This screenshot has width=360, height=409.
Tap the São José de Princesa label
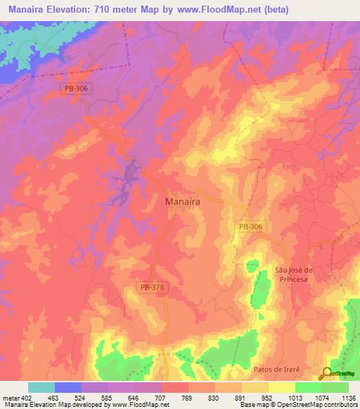[x=292, y=274]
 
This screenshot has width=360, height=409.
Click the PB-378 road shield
[x=152, y=287]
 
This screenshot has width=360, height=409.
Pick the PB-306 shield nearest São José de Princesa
[x=250, y=226]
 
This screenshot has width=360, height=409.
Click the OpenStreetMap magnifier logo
[x=327, y=373]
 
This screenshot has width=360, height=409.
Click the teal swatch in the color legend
[x=41, y=387]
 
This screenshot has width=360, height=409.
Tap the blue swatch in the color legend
[x=67, y=387]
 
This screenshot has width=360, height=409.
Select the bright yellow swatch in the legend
[x=281, y=387]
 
